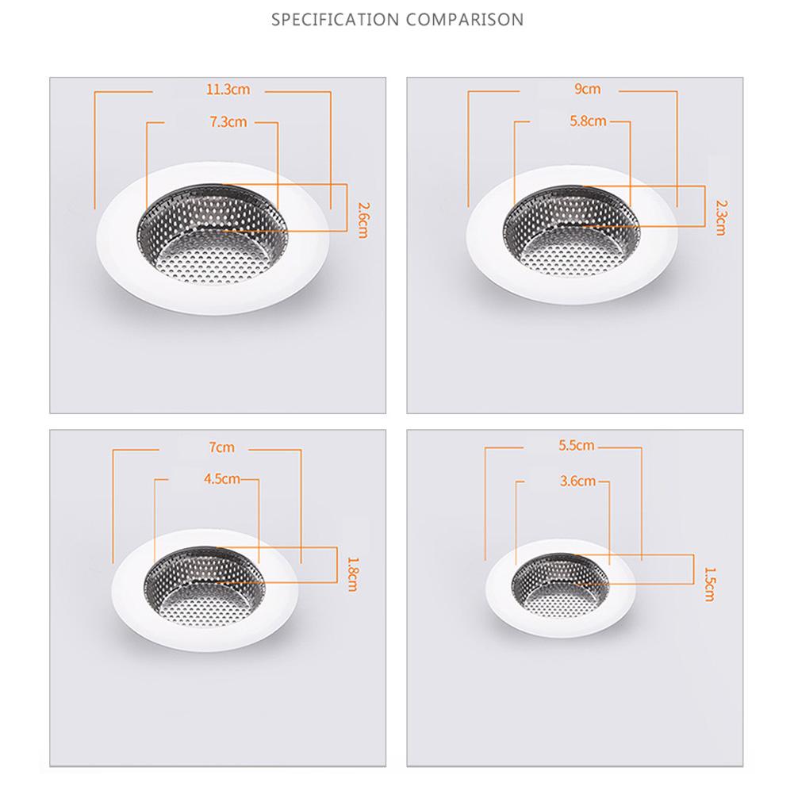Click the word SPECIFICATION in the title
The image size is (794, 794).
pos(336,20)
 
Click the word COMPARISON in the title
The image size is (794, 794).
pos(465,20)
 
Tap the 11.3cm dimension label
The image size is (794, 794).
pos(228,90)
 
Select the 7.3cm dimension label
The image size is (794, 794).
pos(228,121)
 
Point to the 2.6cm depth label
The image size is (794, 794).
pos(363,221)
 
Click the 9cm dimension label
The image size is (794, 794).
pos(588,89)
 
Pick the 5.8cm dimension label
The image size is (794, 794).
pos(588,121)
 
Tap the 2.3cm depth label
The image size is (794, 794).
pos(720,218)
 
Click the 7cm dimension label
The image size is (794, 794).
pos(222,447)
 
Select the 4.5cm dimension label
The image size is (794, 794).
pos(222,478)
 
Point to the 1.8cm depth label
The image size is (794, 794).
pos(352,575)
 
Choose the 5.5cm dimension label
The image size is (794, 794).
pos(576,445)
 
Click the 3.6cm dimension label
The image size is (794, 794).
pos(577,481)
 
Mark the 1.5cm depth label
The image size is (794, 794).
pos(709,585)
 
